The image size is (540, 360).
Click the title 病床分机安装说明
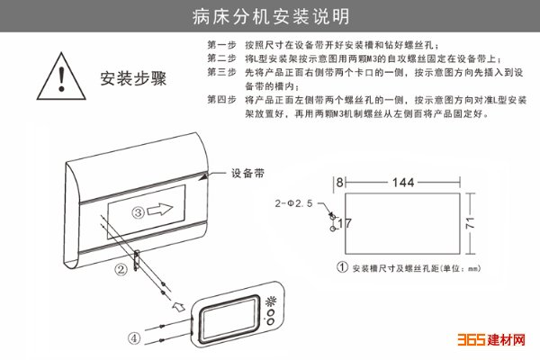click(271, 16)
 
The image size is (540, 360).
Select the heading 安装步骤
click(133, 78)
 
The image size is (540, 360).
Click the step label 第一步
click(221, 45)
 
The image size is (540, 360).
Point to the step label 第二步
click(221, 58)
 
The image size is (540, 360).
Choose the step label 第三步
click(221, 72)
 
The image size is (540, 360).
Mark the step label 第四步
click(221, 100)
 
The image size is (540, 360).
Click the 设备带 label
click(247, 173)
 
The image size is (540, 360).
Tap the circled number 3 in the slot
click(139, 212)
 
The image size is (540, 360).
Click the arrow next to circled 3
click(160, 209)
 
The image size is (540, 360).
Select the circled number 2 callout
click(121, 269)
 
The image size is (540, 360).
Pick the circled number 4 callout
click(134, 338)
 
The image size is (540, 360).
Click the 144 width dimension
click(403, 182)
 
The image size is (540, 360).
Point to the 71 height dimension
click(471, 223)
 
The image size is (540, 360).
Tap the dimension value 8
click(339, 182)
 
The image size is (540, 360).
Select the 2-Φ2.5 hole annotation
click(293, 203)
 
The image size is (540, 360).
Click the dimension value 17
click(344, 223)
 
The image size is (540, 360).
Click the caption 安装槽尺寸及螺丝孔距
click(395, 268)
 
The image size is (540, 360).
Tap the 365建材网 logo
click(491, 339)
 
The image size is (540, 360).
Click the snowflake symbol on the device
click(271, 301)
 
